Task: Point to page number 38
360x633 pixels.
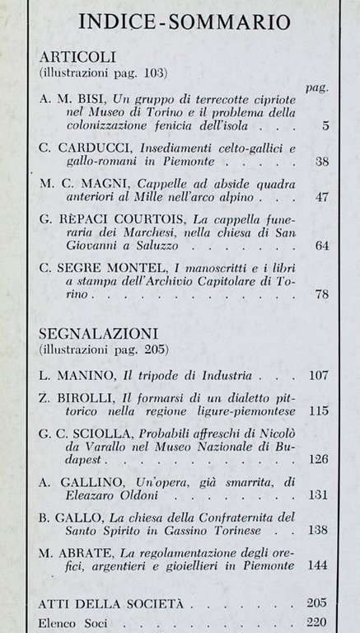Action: pyautogui.click(x=322, y=162)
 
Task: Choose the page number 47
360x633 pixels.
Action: pyautogui.click(x=322, y=198)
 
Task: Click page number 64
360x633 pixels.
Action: pyautogui.click(x=322, y=246)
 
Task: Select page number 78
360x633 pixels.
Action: pyautogui.click(x=322, y=294)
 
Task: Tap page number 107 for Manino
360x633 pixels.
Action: pyautogui.click(x=319, y=374)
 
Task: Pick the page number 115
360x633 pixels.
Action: pyautogui.click(x=319, y=410)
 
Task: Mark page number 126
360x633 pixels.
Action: pyautogui.click(x=319, y=459)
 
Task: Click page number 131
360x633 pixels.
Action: pyautogui.click(x=319, y=496)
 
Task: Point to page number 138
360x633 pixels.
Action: pyautogui.click(x=319, y=532)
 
